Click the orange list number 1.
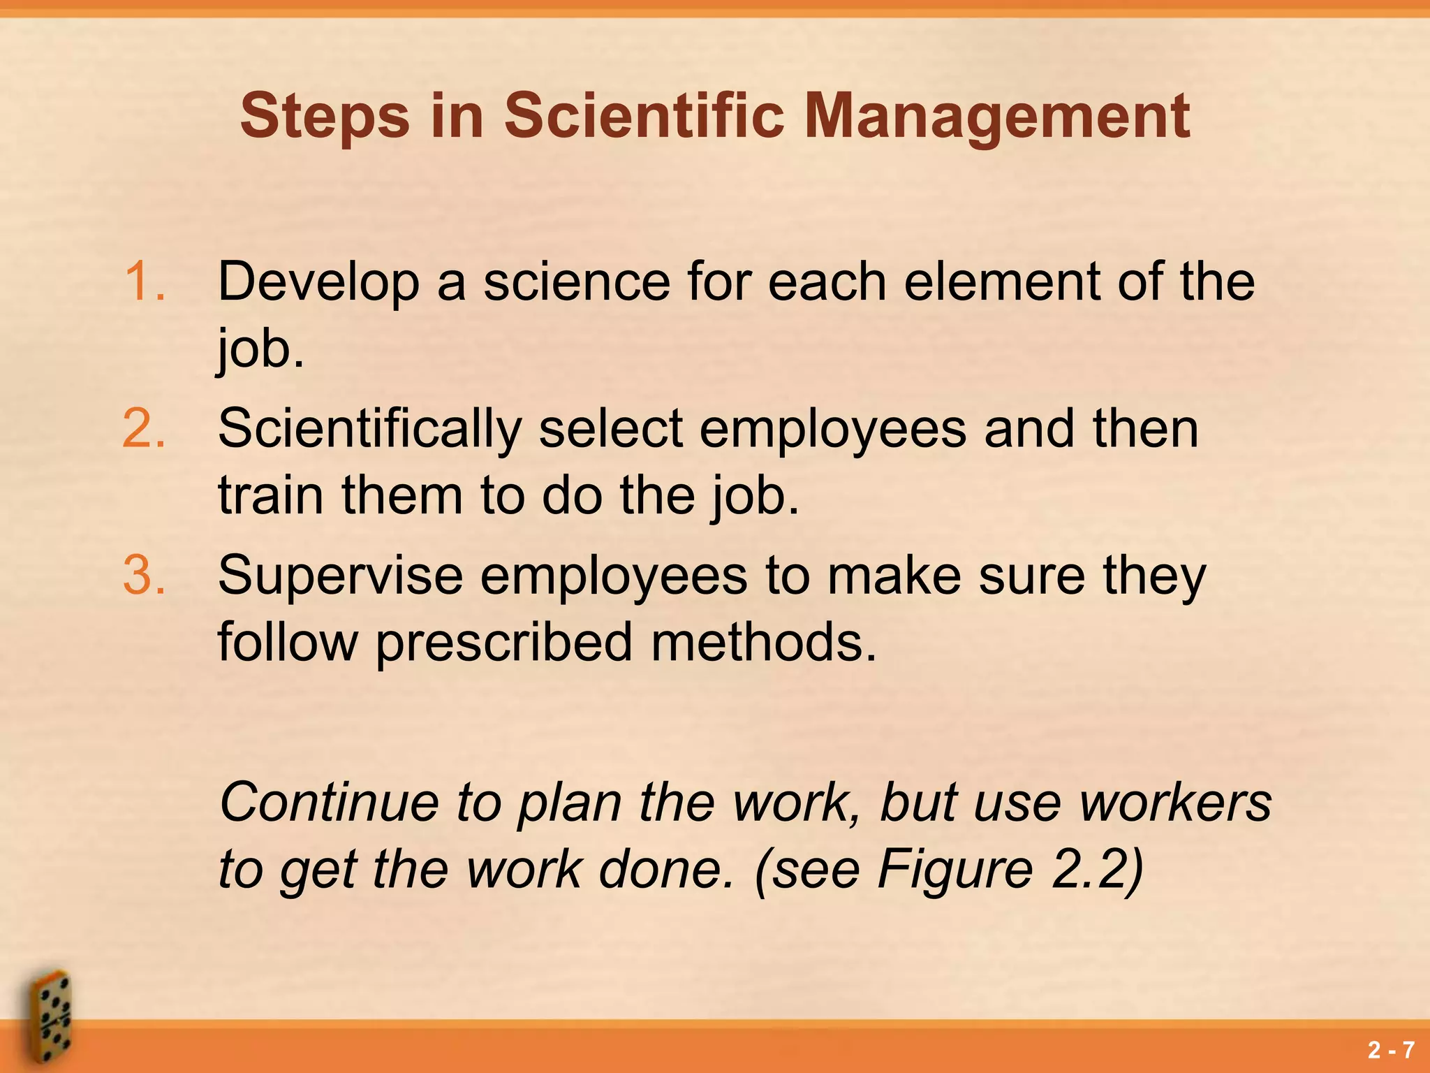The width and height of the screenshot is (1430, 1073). [145, 282]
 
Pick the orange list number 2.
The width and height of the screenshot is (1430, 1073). [145, 428]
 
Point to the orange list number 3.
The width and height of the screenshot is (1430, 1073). [145, 575]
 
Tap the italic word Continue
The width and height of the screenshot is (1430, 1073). [329, 802]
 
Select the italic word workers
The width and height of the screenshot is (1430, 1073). [1175, 802]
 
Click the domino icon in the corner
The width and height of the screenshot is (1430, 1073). [49, 1016]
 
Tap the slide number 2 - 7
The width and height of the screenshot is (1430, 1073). [1391, 1050]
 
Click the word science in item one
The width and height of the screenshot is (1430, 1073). [577, 282]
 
